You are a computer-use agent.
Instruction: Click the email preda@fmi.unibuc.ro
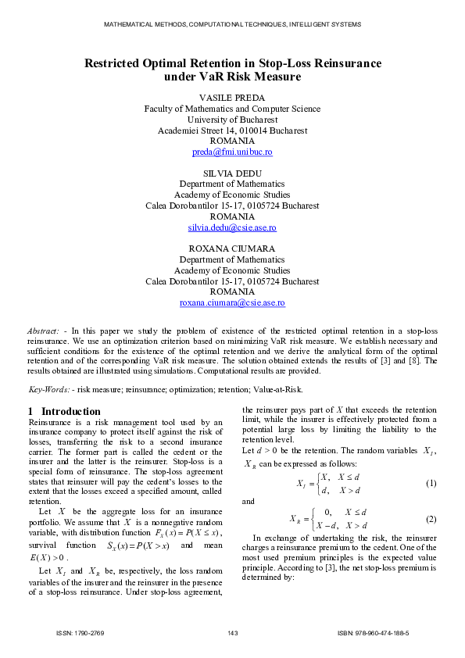click(x=232, y=152)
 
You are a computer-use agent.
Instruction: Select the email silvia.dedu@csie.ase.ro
click(x=232, y=227)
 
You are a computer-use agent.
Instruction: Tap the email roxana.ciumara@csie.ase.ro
click(x=232, y=302)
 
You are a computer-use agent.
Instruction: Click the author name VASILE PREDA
click(x=232, y=98)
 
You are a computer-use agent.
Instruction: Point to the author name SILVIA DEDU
click(x=232, y=173)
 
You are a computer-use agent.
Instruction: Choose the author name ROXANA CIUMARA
click(x=232, y=249)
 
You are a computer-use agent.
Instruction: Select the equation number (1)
click(x=430, y=484)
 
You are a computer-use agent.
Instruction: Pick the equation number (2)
click(x=430, y=520)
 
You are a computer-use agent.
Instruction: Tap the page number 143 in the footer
click(x=232, y=633)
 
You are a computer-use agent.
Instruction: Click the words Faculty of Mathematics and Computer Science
click(x=232, y=109)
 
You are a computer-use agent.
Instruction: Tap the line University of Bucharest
click(x=232, y=120)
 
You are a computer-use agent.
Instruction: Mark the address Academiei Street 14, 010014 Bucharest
click(x=232, y=131)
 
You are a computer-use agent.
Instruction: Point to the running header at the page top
click(x=232, y=25)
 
